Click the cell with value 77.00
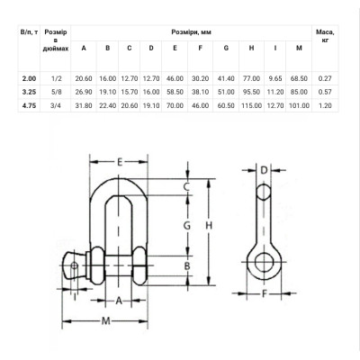251,78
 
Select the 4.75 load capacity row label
29,105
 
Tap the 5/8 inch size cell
57,92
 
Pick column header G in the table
226,48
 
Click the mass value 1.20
325,105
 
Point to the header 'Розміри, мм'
192,32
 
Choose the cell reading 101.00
299,105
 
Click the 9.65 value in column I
275,78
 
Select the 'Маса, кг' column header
325,36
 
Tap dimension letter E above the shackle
120,162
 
